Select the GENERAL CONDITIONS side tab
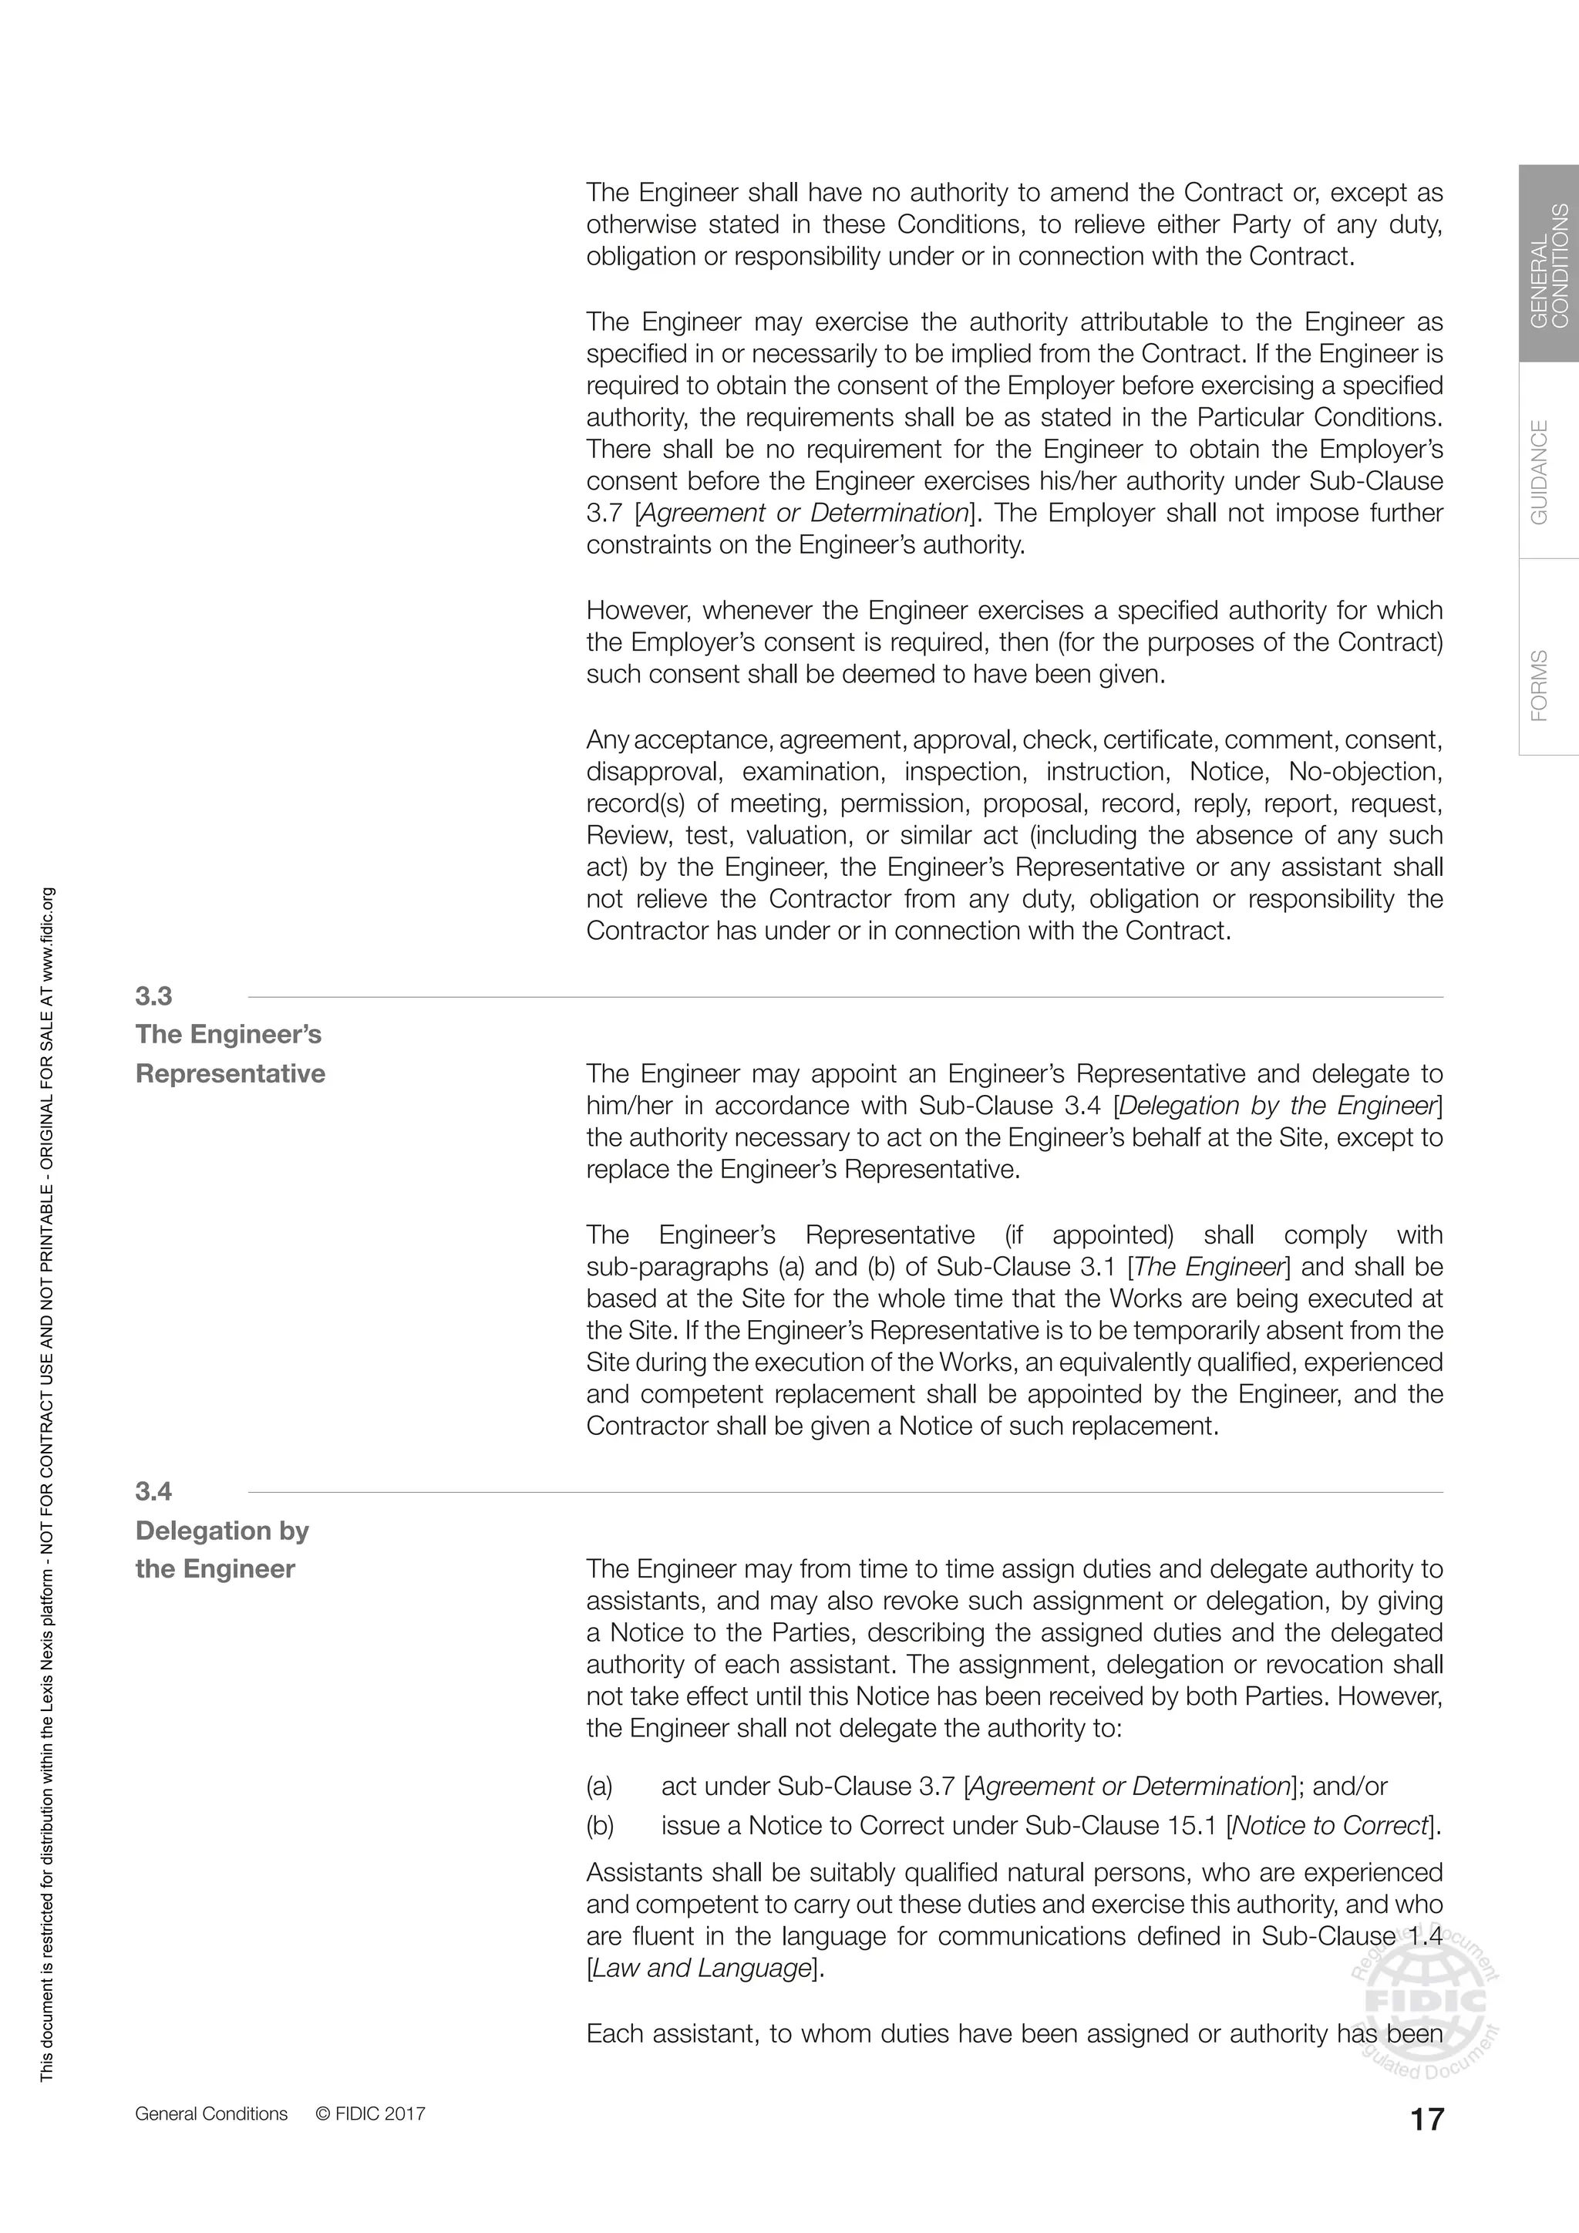(1549, 264)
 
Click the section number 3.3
(153, 996)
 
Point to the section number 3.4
(153, 1491)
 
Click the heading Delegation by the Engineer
(222, 1549)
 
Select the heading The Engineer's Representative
(230, 1053)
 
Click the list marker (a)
(599, 1787)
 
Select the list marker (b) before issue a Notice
(600, 1826)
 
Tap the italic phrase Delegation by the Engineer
(1278, 1106)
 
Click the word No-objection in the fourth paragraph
(1365, 771)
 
